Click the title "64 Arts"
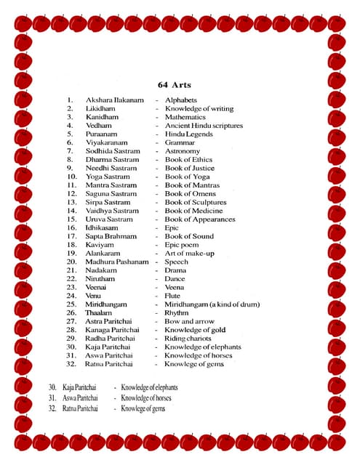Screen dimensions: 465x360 174,85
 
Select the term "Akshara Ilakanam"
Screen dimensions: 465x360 114,100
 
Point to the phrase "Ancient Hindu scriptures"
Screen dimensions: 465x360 204,126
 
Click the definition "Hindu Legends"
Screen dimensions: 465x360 188,134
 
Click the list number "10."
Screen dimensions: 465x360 72,177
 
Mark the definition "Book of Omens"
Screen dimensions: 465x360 190,194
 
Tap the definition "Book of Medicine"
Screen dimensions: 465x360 193,211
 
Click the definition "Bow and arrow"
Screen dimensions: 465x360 190,321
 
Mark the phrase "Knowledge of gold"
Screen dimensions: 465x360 194,330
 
